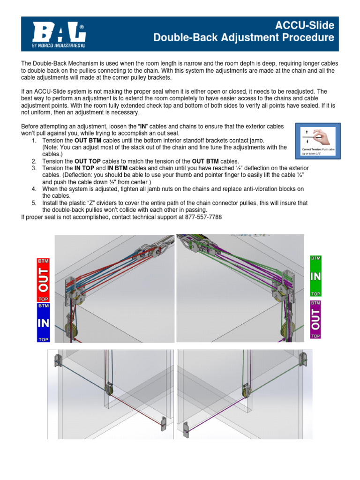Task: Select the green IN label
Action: click(316, 276)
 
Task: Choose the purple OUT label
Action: click(316, 319)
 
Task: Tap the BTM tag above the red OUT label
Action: click(43, 260)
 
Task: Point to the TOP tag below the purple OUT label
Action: click(316, 336)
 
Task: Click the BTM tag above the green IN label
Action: click(316, 258)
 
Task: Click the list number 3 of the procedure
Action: click(34, 168)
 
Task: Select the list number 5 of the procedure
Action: click(34, 203)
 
